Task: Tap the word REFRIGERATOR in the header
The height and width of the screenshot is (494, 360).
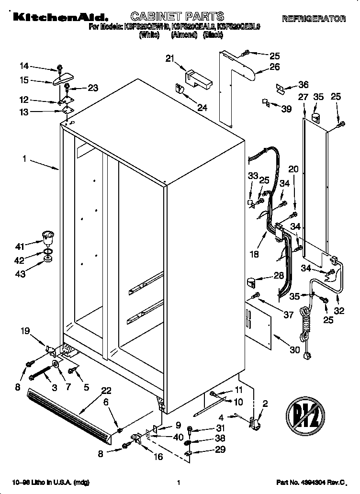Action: [x=314, y=19]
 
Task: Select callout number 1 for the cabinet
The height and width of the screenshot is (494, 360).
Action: [x=24, y=158]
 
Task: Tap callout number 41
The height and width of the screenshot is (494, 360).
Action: [x=20, y=247]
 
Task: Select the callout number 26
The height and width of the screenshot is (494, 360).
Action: [x=274, y=67]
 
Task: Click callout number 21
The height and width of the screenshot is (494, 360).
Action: [x=169, y=58]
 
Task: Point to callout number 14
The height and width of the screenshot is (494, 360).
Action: [x=24, y=66]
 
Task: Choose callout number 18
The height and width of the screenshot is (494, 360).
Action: [x=255, y=254]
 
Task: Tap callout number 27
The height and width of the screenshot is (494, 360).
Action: [x=303, y=97]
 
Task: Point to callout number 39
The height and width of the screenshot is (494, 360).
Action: [x=286, y=109]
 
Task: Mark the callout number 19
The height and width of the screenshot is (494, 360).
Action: [x=25, y=330]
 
